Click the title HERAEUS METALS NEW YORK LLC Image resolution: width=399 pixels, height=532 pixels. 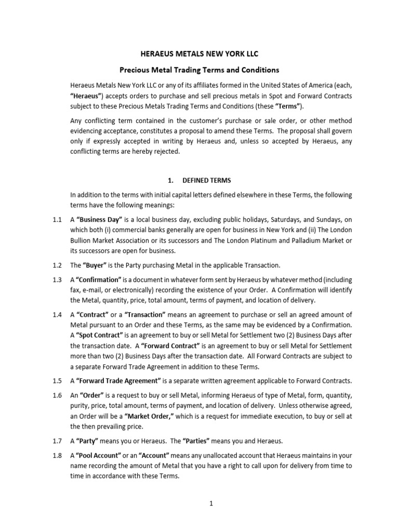pos(200,54)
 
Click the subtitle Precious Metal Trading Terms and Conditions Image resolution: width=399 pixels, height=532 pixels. pos(200,70)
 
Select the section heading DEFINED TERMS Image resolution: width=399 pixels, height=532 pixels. pos(201,180)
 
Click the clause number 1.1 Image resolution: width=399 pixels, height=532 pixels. pos(58,220)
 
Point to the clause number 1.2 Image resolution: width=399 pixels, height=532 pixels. pos(58,265)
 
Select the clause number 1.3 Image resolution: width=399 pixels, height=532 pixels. pos(58,280)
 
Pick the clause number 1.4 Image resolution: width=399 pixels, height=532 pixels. pos(58,315)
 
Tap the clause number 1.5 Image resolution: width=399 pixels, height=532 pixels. pos(58,380)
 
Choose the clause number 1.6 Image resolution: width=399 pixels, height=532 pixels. pos(58,395)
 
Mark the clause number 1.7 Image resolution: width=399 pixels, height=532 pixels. pos(58,441)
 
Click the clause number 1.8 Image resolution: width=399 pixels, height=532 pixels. pos(58,456)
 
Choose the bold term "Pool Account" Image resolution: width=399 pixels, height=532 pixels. pos(101,456)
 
